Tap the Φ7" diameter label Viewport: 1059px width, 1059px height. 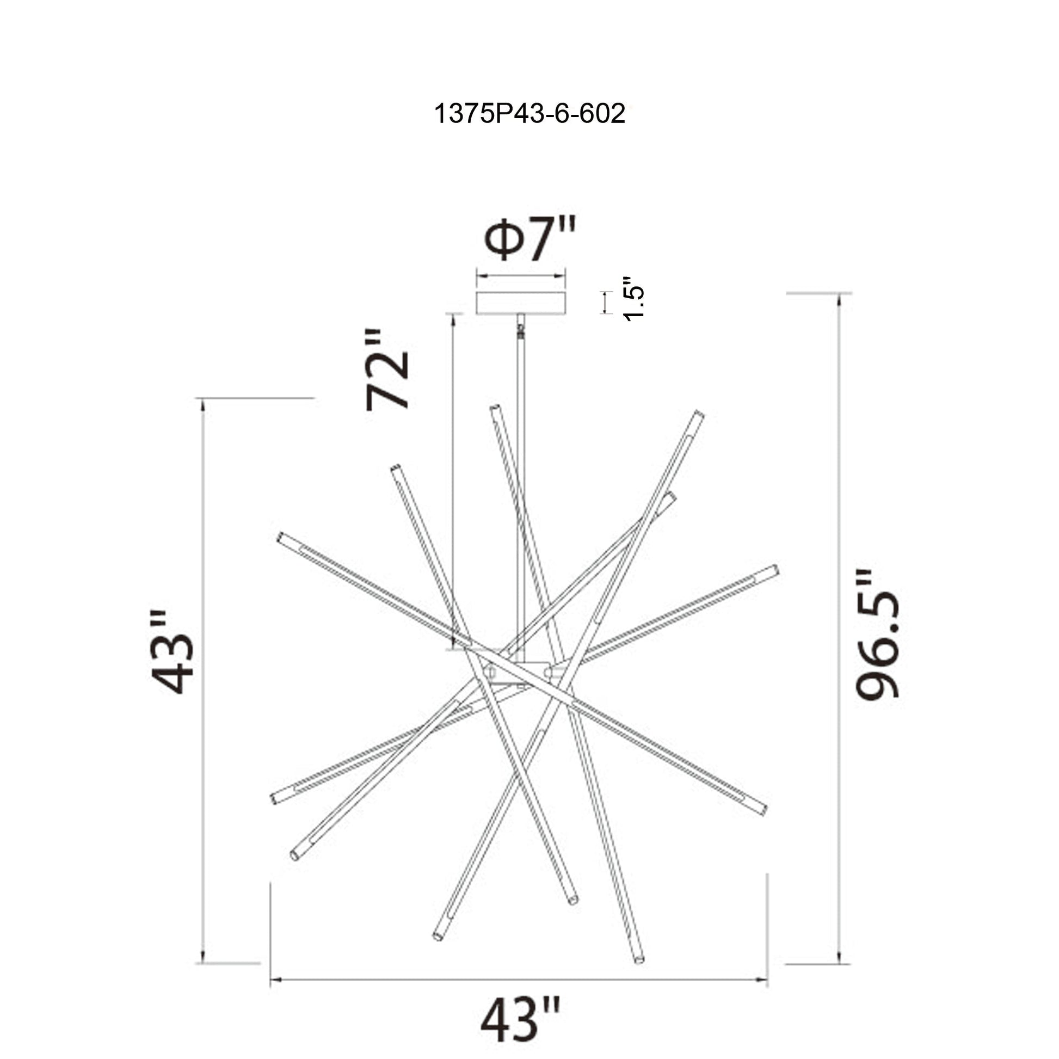[529, 239]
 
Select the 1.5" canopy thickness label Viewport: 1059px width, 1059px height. [634, 299]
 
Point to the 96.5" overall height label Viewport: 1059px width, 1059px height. [877, 634]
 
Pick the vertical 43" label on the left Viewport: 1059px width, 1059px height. [172, 652]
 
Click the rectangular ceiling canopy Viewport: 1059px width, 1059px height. [521, 303]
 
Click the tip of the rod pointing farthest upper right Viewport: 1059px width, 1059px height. [699, 415]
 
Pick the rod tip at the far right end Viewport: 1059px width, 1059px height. [774, 570]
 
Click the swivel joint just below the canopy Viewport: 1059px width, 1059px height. [521, 330]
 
